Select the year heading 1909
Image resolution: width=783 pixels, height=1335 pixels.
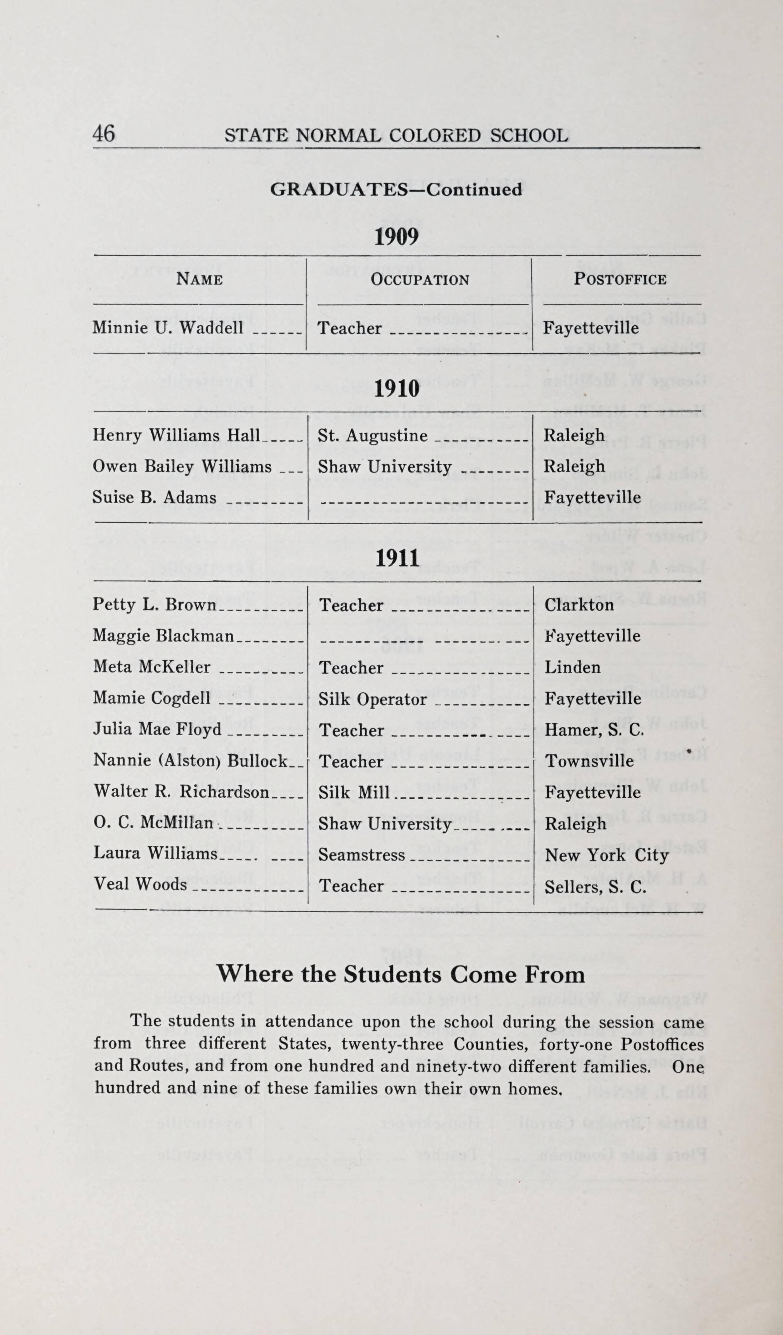click(396, 237)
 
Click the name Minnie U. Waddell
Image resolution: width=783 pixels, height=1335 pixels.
click(168, 328)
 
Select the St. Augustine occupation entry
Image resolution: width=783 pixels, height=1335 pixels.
click(372, 436)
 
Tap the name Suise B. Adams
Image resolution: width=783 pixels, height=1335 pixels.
click(154, 497)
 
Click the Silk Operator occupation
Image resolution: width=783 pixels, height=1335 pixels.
click(372, 699)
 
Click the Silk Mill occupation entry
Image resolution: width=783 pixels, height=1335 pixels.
click(354, 792)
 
